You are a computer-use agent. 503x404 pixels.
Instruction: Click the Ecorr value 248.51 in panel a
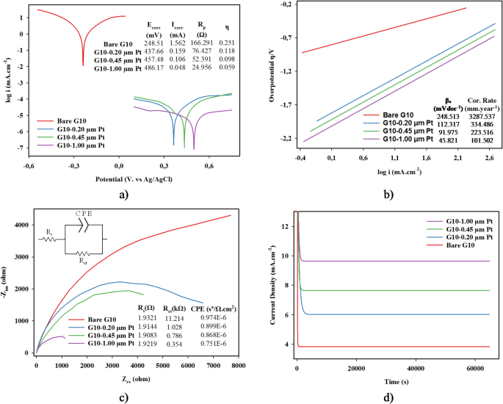[153, 43]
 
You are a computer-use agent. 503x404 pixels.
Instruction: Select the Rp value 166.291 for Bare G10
[204, 43]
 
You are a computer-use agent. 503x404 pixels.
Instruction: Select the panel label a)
[123, 193]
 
